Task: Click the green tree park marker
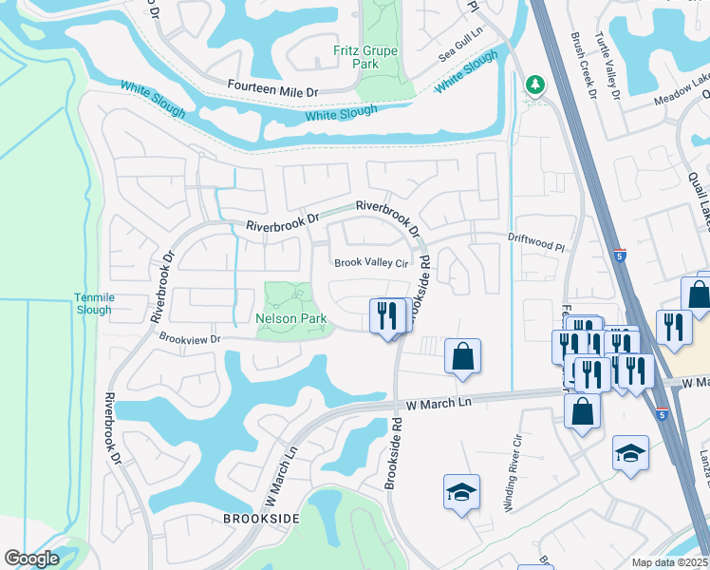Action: [x=535, y=86]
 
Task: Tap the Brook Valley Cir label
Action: [x=369, y=263]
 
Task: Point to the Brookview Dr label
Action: [x=189, y=338]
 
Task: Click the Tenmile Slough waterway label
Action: [x=93, y=303]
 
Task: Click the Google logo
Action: [x=31, y=559]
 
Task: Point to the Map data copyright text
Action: [x=670, y=562]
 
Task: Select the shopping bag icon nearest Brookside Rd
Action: [x=462, y=356]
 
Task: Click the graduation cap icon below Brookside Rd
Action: [x=461, y=492]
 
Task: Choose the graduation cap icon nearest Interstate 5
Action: [x=630, y=452]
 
